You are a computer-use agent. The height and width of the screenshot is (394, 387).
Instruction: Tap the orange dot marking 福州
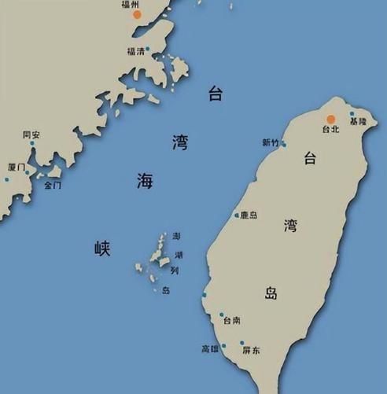pyautogui.click(x=138, y=14)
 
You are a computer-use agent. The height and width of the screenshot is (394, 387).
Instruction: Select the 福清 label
pyautogui.click(x=135, y=52)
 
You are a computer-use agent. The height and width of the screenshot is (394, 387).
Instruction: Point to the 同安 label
pyautogui.click(x=31, y=134)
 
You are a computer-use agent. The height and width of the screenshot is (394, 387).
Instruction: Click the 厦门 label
pyautogui.click(x=17, y=168)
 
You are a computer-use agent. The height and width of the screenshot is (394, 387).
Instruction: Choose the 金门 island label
pyautogui.click(x=53, y=186)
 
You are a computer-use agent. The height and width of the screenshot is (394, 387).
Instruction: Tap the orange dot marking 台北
pyautogui.click(x=331, y=119)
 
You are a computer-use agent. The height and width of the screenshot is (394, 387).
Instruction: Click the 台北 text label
pyautogui.click(x=331, y=129)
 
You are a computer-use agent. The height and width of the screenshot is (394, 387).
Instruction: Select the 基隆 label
pyautogui.click(x=358, y=122)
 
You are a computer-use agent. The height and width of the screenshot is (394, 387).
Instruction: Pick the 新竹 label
pyautogui.click(x=270, y=142)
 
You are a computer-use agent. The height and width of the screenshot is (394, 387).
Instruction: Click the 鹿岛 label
pyautogui.click(x=249, y=215)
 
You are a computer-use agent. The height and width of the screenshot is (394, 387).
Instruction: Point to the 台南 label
pyautogui.click(x=232, y=321)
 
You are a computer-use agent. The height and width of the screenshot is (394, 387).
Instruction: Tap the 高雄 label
pyautogui.click(x=210, y=348)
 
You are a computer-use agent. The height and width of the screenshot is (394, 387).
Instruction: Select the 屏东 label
pyautogui.click(x=251, y=348)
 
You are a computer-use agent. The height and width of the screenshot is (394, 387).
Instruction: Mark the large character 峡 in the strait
pyautogui.click(x=103, y=249)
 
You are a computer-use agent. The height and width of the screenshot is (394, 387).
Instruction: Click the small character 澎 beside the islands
pyautogui.click(x=177, y=236)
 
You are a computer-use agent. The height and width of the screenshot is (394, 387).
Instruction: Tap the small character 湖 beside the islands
pyautogui.click(x=179, y=254)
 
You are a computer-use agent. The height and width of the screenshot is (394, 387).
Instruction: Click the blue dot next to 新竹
pyautogui.click(x=283, y=145)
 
